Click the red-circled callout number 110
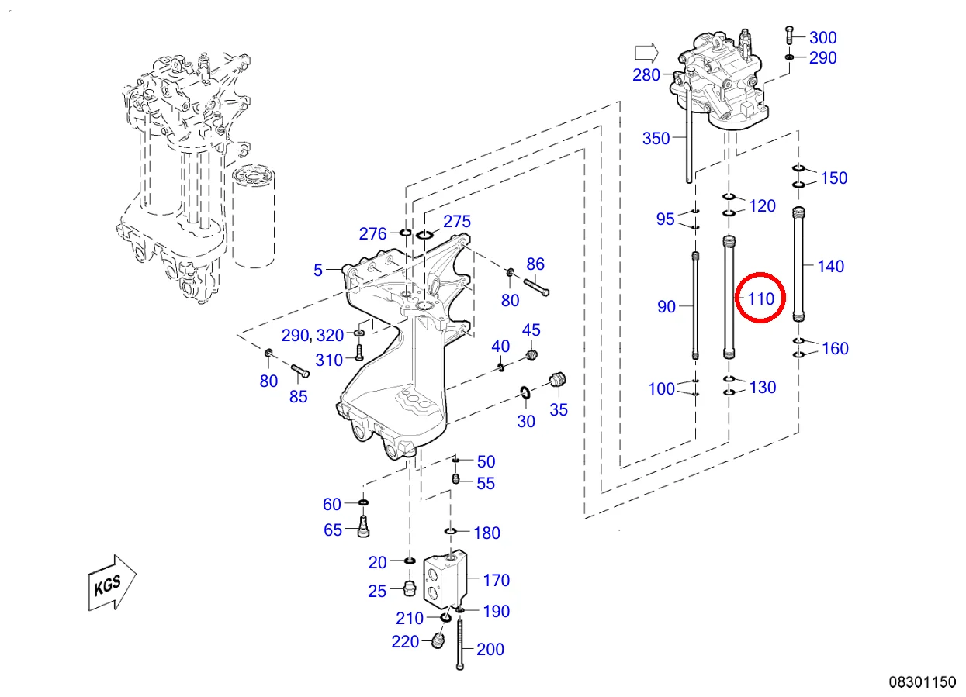[760, 298]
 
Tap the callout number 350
[656, 139]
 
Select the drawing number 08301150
[922, 682]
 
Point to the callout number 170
[496, 580]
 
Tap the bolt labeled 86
[537, 285]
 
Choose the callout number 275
[456, 222]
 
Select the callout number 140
[830, 266]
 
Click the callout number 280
[646, 75]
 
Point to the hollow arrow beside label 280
[646, 53]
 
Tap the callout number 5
[318, 271]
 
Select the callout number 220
[405, 641]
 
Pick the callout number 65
[333, 530]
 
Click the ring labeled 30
[525, 394]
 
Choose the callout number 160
[835, 348]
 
